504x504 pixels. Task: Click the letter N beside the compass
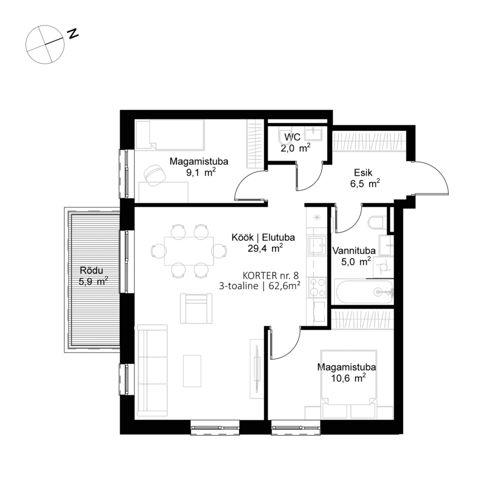73,33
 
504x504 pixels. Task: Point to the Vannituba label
353,251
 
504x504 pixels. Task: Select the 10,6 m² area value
347,378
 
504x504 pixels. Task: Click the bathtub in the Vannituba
364,292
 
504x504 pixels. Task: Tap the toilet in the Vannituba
377,223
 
